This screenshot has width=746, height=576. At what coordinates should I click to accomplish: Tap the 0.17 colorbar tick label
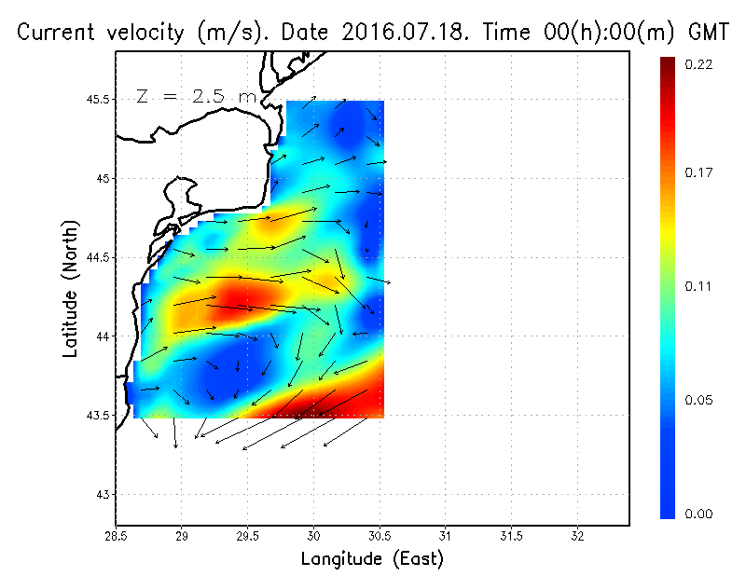point(699,172)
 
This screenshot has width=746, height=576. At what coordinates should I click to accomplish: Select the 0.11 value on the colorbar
point(699,286)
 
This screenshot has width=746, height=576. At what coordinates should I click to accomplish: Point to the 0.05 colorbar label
point(699,400)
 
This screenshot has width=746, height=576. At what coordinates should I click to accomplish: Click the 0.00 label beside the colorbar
point(699,514)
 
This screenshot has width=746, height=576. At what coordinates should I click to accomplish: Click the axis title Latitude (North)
point(70,289)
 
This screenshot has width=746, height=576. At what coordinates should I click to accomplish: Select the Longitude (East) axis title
point(372,559)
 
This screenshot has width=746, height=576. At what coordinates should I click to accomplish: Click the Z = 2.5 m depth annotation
point(195,95)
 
